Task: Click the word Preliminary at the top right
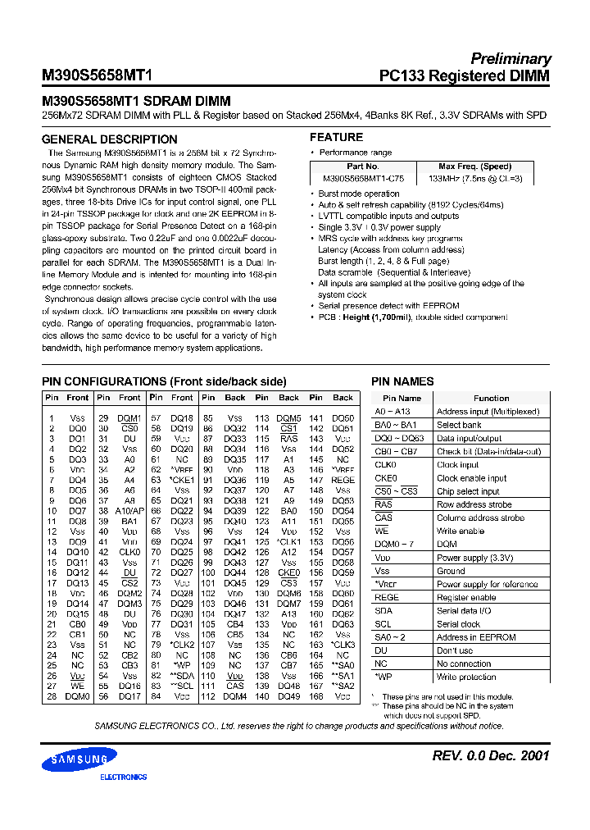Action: click(x=510, y=59)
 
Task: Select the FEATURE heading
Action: click(x=336, y=137)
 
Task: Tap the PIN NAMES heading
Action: click(x=402, y=381)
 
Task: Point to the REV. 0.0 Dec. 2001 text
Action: click(x=491, y=755)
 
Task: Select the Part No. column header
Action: click(x=363, y=166)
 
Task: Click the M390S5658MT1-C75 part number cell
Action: click(x=363, y=178)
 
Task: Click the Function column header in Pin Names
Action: click(x=491, y=398)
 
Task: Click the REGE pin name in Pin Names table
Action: click(x=387, y=597)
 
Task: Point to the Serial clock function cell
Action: click(x=458, y=624)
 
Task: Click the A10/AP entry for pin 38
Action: click(x=129, y=510)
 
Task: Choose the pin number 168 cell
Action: click(x=316, y=696)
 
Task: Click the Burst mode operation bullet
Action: click(x=359, y=194)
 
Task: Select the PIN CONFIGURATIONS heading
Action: click(x=164, y=381)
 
